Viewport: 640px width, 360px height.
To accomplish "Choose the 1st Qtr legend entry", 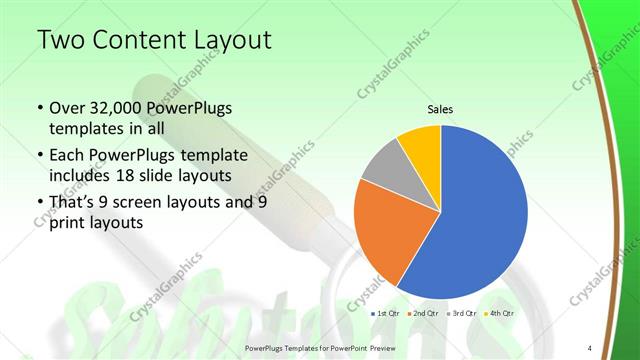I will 387,314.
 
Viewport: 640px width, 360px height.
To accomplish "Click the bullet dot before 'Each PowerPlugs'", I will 39,155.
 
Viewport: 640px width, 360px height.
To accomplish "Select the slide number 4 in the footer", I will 589,348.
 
